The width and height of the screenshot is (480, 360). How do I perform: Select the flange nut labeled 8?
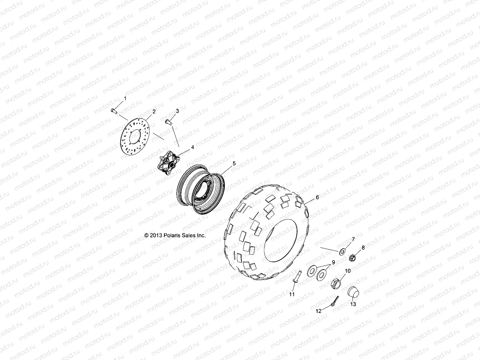click(x=353, y=257)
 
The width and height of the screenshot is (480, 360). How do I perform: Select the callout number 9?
click(x=333, y=262)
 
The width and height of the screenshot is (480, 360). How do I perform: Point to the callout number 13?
click(x=353, y=304)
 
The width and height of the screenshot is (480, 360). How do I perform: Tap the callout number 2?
click(x=154, y=111)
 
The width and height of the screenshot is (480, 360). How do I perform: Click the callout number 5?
click(x=234, y=163)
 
